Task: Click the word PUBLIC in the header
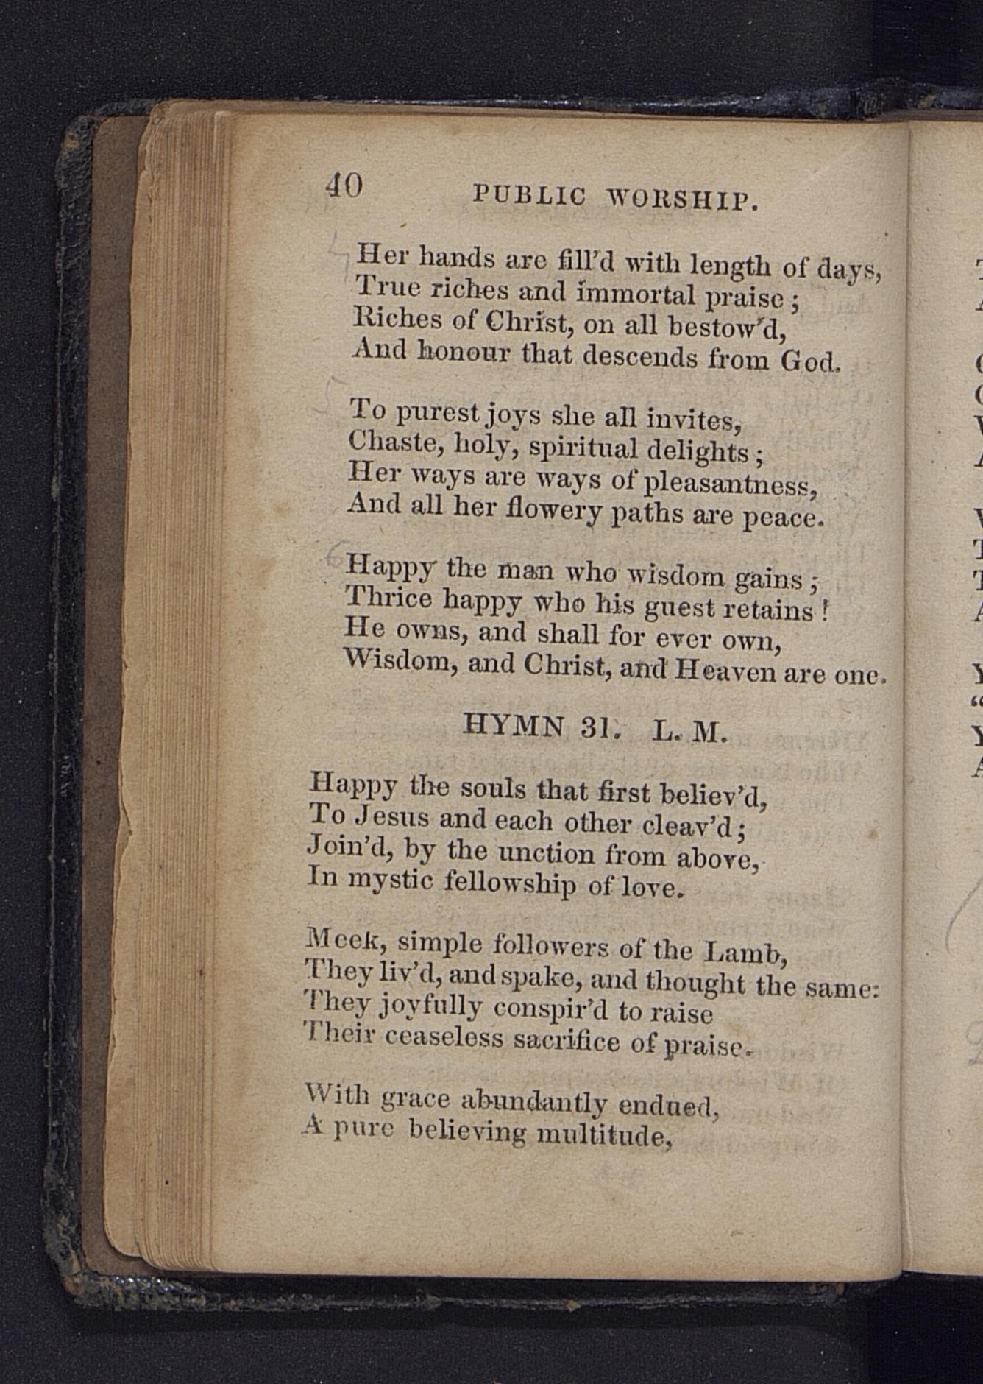(x=529, y=195)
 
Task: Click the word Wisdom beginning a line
(x=397, y=660)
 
